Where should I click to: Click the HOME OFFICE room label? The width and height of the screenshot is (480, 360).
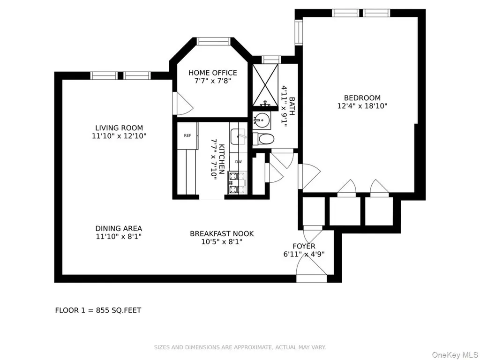coord(212,73)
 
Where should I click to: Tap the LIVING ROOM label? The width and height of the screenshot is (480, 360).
coord(119,128)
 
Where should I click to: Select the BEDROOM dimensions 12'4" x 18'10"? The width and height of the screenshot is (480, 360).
coord(362,106)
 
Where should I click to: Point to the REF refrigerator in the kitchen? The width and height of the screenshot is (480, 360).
coord(187,135)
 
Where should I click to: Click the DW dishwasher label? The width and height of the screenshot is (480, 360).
coord(239,162)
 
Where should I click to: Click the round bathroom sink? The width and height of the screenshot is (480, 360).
coord(262,120)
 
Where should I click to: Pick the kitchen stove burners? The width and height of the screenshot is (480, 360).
coord(237,183)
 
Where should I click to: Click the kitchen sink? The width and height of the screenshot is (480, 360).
coord(238,137)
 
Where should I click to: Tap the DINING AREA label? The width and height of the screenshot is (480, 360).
coord(119,229)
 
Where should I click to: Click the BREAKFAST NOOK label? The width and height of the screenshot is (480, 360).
coord(222,234)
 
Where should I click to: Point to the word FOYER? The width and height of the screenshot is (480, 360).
coord(304,247)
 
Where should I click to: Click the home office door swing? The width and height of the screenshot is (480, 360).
coord(183,104)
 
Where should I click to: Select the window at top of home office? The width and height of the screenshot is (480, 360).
coord(213,41)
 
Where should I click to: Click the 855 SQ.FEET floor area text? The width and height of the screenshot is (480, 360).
coord(119,310)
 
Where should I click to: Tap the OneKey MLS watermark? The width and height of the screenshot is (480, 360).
coord(455,355)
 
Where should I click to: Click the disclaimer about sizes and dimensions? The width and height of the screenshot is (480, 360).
coord(240,347)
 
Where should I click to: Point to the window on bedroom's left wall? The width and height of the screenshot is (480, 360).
coord(299,32)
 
